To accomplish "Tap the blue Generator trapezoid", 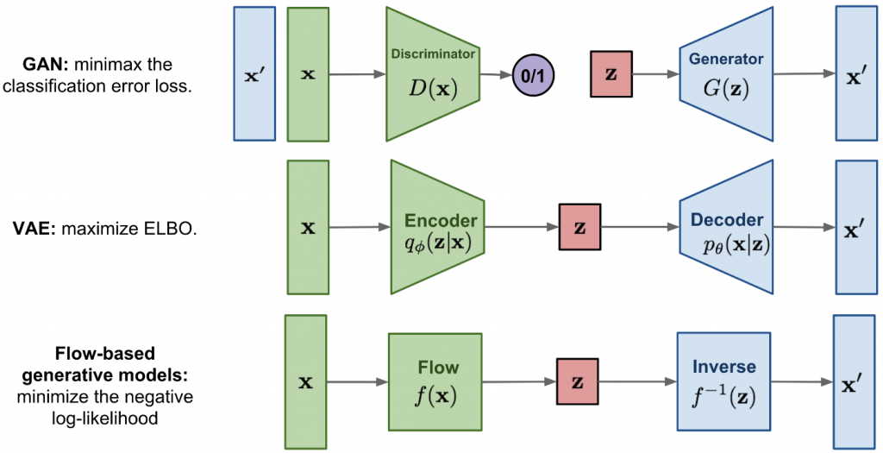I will [725, 74].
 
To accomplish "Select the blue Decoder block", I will [726, 229].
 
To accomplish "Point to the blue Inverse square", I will [723, 381].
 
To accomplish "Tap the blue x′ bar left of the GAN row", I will [254, 73].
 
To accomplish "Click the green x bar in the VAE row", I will [308, 228].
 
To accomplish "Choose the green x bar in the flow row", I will [305, 381].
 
